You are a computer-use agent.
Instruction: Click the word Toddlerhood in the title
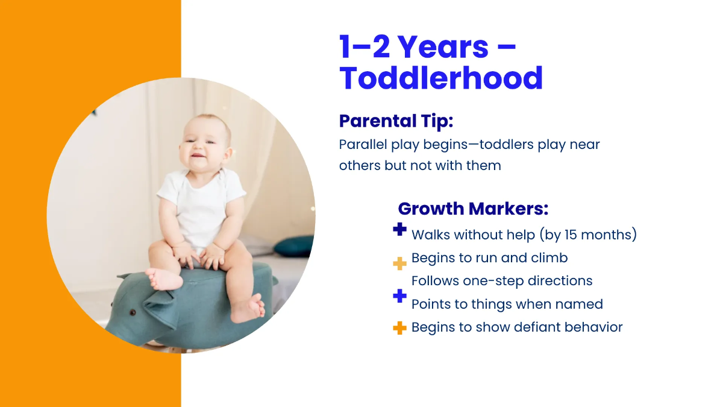coord(441,78)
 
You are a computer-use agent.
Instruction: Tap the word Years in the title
coord(443,46)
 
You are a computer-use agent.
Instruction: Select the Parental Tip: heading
coord(396,121)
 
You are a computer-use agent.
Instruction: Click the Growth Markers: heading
coord(473,209)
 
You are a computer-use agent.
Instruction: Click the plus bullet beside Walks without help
coord(399,230)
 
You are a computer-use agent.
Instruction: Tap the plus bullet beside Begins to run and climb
coord(399,263)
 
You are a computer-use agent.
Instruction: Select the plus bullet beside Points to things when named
coord(399,296)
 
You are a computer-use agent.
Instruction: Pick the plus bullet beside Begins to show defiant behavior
coord(399,328)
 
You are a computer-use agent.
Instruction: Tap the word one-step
coord(492,281)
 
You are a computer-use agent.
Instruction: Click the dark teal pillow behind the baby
coord(294,245)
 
